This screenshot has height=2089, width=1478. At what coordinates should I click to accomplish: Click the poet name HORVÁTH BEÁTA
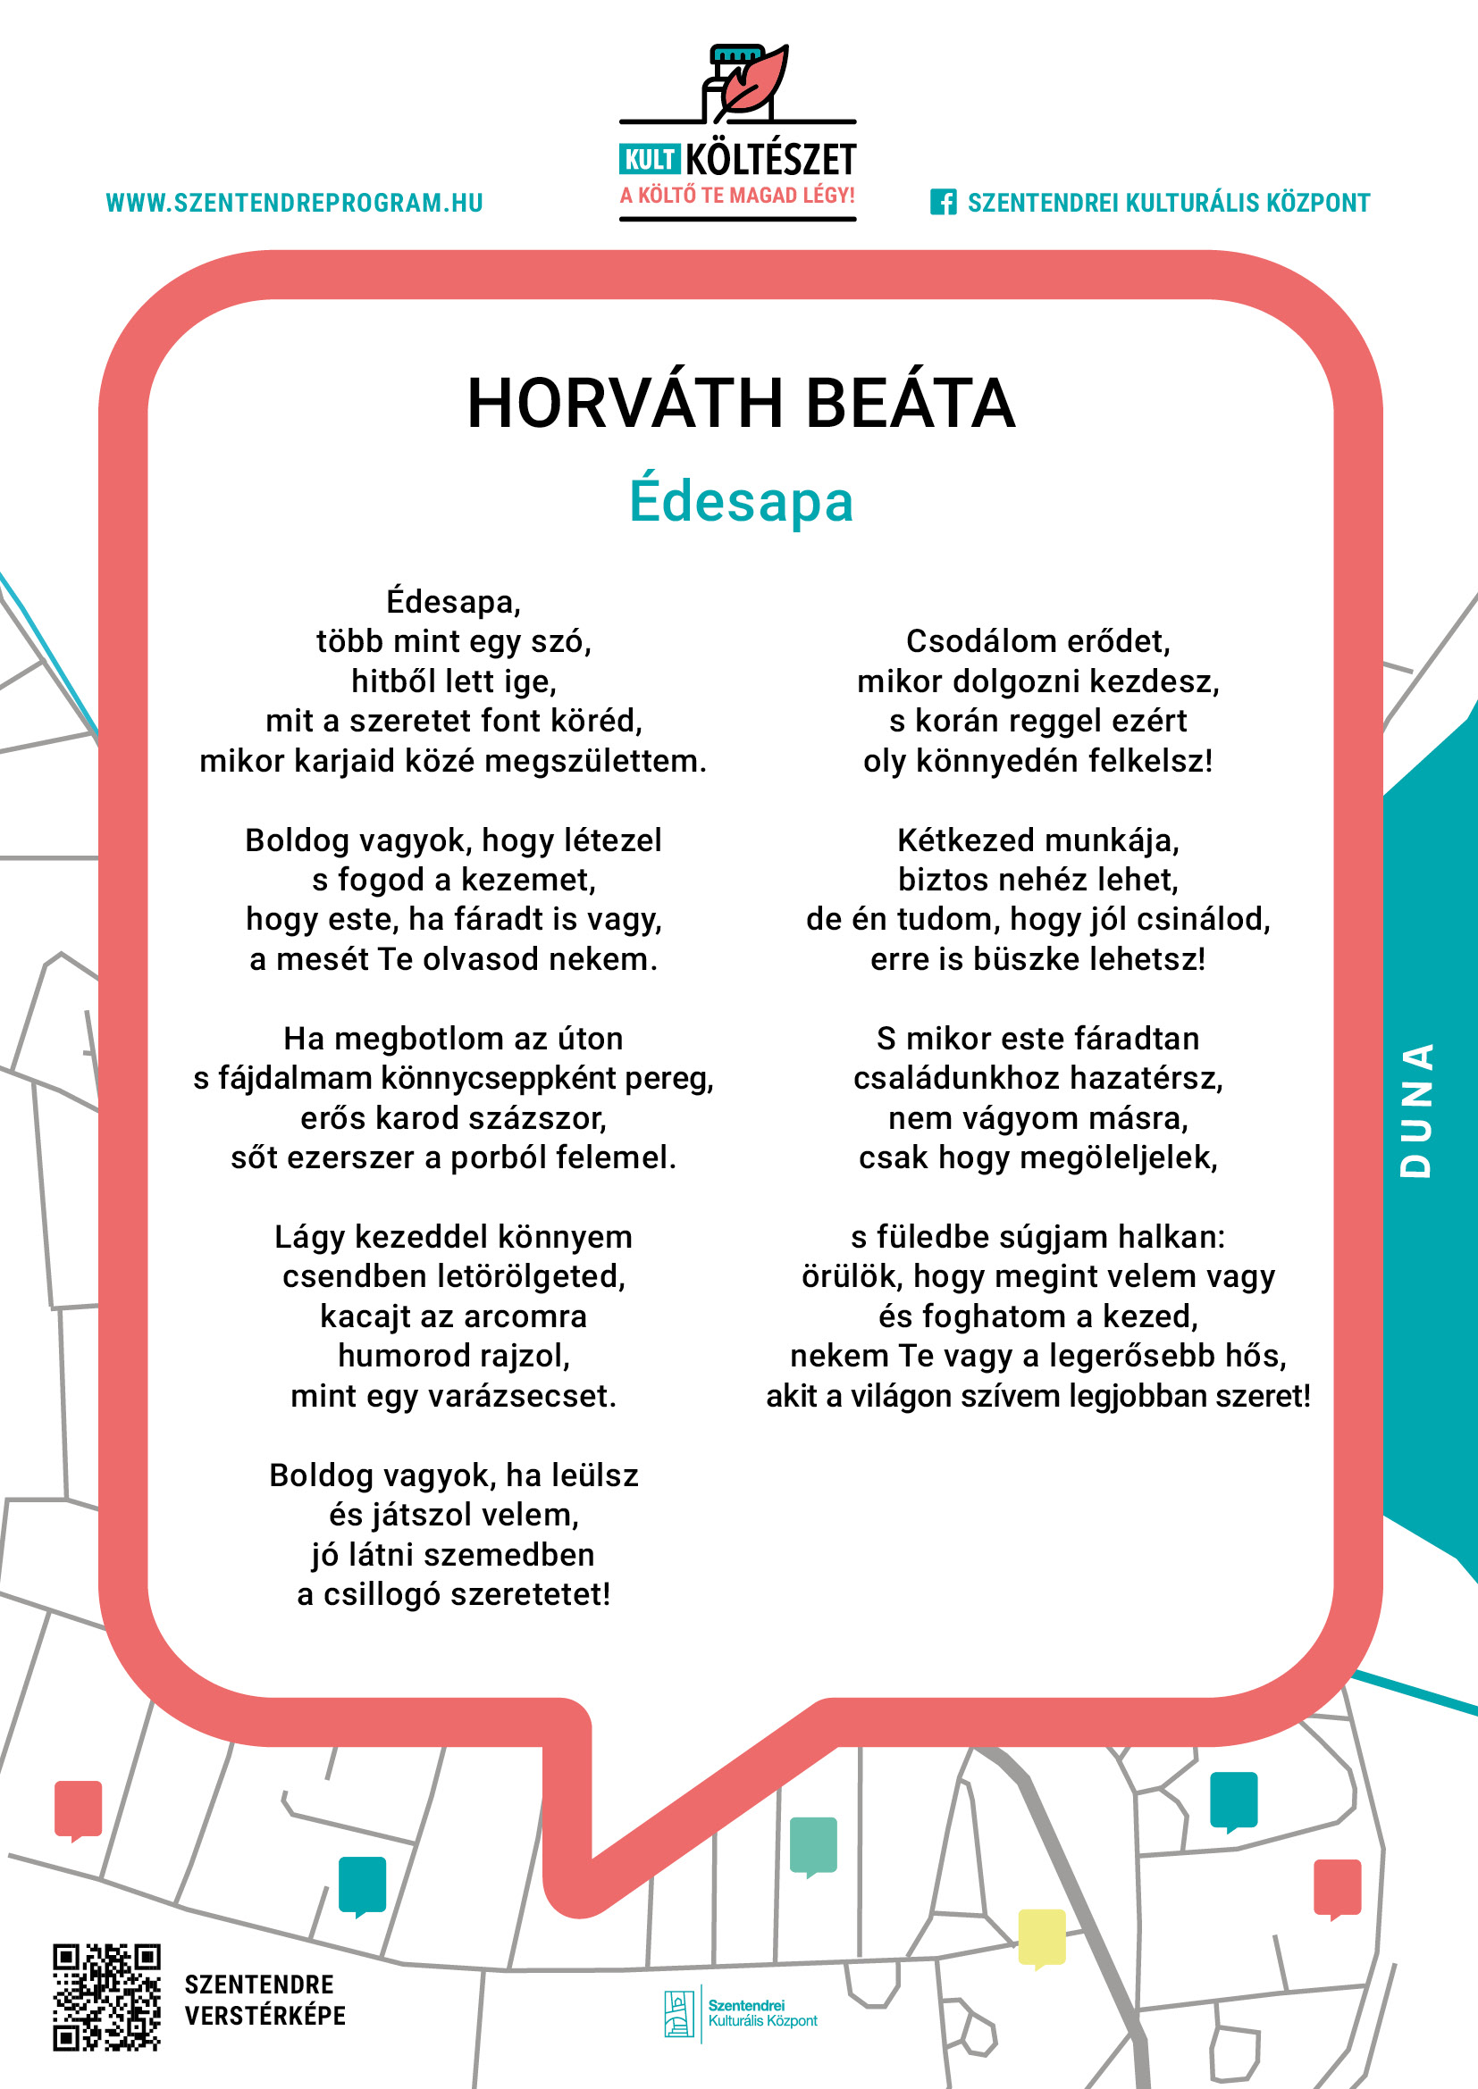[740, 403]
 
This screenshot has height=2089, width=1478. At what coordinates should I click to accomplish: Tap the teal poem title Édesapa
[741, 500]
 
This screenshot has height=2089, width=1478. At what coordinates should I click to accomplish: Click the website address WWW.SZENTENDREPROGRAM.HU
[294, 203]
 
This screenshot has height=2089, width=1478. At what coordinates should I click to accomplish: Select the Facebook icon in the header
[943, 202]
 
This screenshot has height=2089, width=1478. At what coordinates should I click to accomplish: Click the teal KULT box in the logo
[649, 160]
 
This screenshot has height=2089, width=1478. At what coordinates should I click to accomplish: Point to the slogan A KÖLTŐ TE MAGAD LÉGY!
[737, 196]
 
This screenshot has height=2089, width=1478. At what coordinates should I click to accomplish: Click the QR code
[106, 1997]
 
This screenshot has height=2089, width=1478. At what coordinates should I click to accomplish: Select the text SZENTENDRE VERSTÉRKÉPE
[265, 2000]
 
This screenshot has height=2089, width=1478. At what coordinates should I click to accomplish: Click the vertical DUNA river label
[1416, 1110]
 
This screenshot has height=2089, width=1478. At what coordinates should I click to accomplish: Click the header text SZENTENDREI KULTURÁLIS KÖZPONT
[1168, 203]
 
